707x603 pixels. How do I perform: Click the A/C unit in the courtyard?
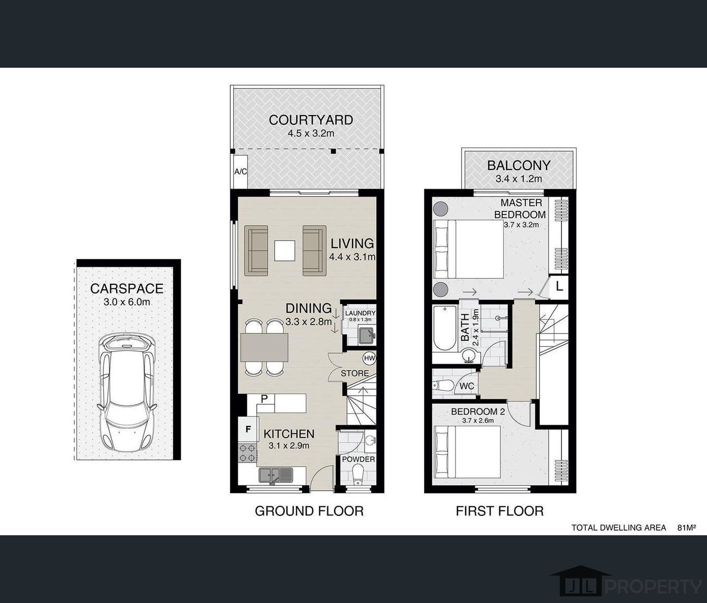[x=240, y=172]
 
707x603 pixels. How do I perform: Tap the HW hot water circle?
[x=369, y=359]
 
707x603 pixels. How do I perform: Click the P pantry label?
[x=264, y=399]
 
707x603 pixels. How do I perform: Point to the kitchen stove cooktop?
[x=248, y=453]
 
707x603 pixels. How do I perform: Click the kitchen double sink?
[x=276, y=475]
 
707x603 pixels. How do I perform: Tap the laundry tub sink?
[x=367, y=335]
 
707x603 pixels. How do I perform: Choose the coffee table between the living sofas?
[x=285, y=251]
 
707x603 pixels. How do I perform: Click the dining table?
[x=264, y=347]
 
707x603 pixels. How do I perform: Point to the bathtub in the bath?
[x=445, y=328]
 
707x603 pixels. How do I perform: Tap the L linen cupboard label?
[x=559, y=286]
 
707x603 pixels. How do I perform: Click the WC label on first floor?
[x=467, y=386]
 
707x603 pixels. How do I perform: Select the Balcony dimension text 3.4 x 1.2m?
[x=519, y=179]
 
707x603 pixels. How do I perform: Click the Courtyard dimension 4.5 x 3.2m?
[x=311, y=133]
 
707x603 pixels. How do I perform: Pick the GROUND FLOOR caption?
[x=309, y=511]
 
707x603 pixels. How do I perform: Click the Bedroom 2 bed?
[x=467, y=452]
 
